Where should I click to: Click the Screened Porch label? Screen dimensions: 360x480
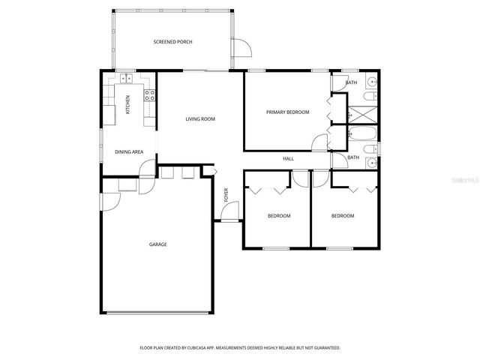tap(172, 42)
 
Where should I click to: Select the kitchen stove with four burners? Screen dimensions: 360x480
tap(149, 94)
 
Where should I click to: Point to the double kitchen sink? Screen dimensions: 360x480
tap(124, 78)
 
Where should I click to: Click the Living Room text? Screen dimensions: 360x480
tap(200, 118)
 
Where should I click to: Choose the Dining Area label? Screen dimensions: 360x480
tap(129, 151)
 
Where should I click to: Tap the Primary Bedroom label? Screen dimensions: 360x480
tap(288, 112)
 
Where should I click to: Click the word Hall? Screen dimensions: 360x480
tap(288, 159)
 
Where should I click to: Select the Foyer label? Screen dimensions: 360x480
tap(226, 195)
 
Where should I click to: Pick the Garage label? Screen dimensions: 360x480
tap(157, 244)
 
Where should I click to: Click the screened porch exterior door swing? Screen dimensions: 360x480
tap(242, 49)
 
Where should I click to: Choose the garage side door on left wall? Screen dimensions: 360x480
tap(109, 200)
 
